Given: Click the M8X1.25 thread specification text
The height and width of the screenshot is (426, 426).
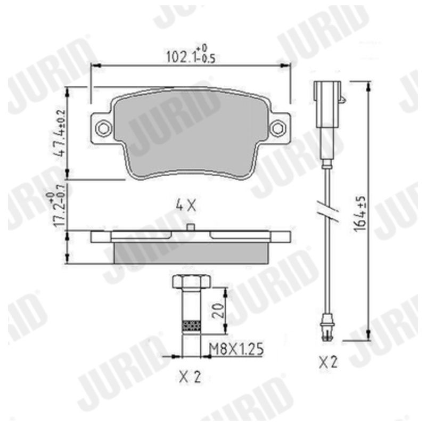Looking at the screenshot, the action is (x=236, y=349).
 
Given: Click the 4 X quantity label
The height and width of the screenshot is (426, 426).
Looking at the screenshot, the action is (x=186, y=206).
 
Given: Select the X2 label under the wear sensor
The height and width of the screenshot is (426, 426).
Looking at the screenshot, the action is (x=328, y=362).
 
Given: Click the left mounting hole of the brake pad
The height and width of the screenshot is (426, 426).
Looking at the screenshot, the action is (x=103, y=128).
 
